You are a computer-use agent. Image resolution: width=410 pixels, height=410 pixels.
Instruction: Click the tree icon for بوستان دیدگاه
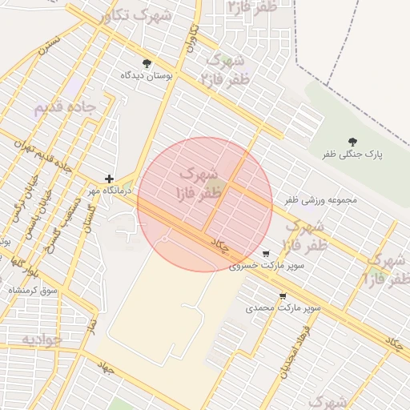point(146,63)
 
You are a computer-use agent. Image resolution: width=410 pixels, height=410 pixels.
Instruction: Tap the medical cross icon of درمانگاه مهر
point(110,179)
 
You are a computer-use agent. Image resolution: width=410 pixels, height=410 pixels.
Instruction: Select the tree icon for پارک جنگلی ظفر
point(353,142)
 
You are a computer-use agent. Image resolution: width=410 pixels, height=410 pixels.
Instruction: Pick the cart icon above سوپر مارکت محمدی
point(283,296)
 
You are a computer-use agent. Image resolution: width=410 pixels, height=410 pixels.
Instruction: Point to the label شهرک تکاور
point(136,15)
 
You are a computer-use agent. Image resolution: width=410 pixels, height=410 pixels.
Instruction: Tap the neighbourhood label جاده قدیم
point(65,107)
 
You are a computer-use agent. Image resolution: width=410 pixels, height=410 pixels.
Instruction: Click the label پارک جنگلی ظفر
point(353,154)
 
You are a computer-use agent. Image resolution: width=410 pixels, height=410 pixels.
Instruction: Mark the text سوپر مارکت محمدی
point(283,307)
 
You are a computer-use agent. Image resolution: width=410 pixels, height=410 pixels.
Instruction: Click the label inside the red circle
point(199,183)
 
